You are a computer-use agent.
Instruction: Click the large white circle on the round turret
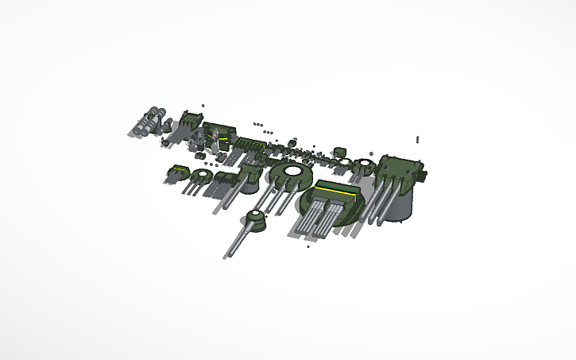pyautogui.click(x=290, y=171)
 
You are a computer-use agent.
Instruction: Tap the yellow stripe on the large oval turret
pyautogui.click(x=335, y=191)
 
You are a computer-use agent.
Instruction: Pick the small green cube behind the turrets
pyautogui.click(x=339, y=150)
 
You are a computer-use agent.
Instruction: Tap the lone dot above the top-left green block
pyautogui.click(x=204, y=105)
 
